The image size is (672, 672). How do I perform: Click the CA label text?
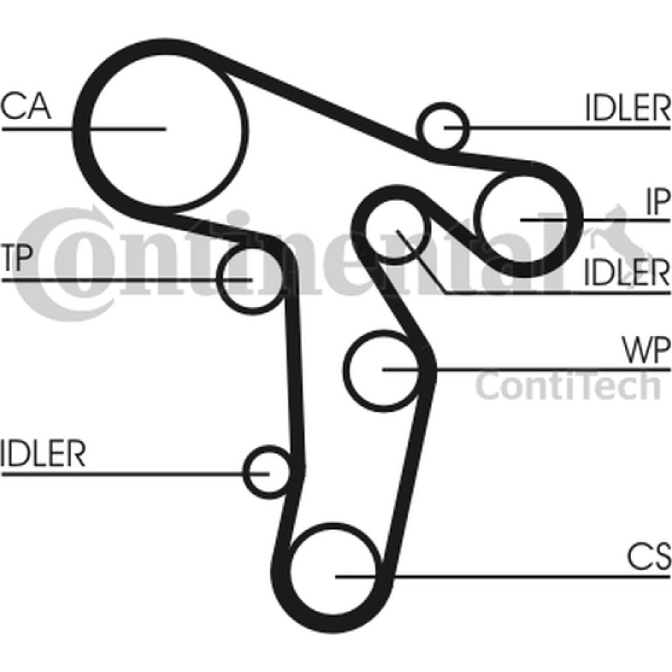click(26, 106)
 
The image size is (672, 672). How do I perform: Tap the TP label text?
click(16, 259)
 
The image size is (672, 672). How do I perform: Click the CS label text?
click(649, 556)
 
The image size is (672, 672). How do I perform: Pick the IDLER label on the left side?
click(43, 454)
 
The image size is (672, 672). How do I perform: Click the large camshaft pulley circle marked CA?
click(165, 128)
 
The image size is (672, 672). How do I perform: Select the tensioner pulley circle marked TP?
click(248, 278)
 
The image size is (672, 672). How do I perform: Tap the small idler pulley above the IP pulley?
click(444, 126)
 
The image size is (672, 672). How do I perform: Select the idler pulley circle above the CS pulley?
click(269, 472)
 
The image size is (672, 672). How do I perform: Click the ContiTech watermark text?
click(569, 386)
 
